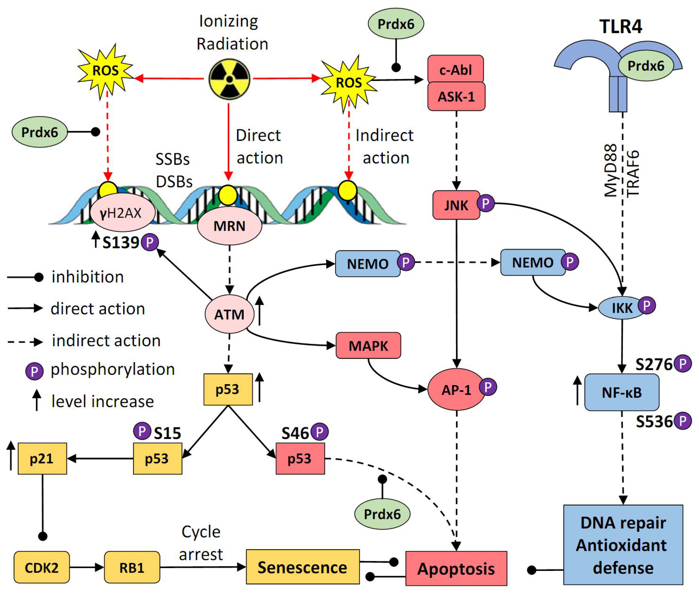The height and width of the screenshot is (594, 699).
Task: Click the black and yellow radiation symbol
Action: click(x=229, y=79)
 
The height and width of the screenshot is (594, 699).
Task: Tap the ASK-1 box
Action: click(x=456, y=97)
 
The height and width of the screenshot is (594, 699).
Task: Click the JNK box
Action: click(x=456, y=205)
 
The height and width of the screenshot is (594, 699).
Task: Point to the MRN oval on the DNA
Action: click(x=229, y=226)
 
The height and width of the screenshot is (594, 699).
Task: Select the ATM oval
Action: click(x=229, y=314)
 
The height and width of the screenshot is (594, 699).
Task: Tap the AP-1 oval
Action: click(x=456, y=390)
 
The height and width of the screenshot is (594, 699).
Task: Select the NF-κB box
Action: click(x=622, y=392)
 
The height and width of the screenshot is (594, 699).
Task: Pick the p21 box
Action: click(x=42, y=459)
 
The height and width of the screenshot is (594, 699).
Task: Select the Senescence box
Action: click(x=302, y=567)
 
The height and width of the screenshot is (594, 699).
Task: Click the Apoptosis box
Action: click(x=456, y=569)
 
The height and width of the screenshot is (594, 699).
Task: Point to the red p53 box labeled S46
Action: click(x=300, y=459)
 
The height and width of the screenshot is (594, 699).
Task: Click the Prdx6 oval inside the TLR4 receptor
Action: click(x=646, y=66)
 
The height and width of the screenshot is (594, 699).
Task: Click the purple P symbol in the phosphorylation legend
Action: click(x=34, y=371)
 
